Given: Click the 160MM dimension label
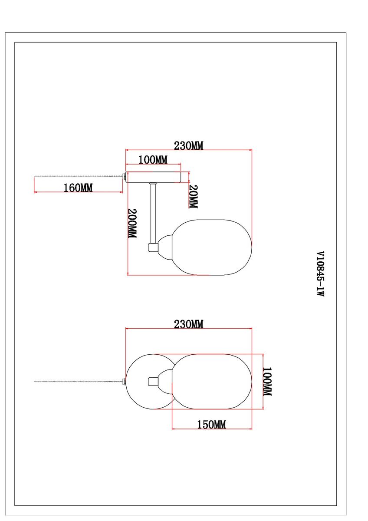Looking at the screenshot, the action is point(78,188).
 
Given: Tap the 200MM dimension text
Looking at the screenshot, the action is point(132,223).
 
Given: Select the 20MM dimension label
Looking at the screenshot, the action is point(193,197).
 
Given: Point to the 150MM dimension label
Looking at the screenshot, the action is point(211,425).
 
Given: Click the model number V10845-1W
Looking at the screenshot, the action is point(320,274).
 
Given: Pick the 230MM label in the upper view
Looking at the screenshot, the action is point(188,146).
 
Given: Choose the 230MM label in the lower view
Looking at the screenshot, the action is point(188,324).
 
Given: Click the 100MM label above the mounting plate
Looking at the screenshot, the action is point(153,160).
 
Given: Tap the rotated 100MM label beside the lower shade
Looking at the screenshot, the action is point(267,382).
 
